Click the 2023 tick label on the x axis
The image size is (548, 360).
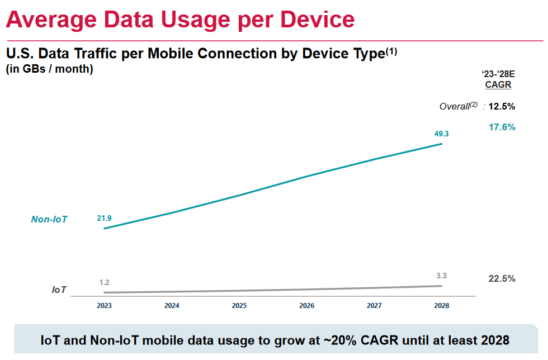tap(104, 306)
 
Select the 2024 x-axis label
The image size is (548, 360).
tap(172, 306)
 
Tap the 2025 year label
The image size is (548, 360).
tap(239, 306)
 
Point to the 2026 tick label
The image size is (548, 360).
tap(306, 306)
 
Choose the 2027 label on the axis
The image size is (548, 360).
tap(374, 306)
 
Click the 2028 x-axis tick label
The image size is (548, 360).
tap(441, 306)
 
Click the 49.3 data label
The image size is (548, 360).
tap(441, 134)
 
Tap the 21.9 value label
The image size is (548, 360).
tap(104, 218)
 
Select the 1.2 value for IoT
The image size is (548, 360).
tap(104, 282)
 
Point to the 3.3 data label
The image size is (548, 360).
tap(441, 276)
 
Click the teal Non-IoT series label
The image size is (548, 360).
tap(49, 220)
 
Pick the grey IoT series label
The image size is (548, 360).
tap(59, 290)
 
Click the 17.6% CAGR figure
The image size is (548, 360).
tap(502, 127)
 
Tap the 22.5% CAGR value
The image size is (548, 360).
tap(502, 278)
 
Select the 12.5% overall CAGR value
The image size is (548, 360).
tap(502, 106)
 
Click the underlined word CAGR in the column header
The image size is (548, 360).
tap(498, 85)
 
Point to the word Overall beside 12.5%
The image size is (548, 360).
tap(454, 106)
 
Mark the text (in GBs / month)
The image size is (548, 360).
tap(50, 69)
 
